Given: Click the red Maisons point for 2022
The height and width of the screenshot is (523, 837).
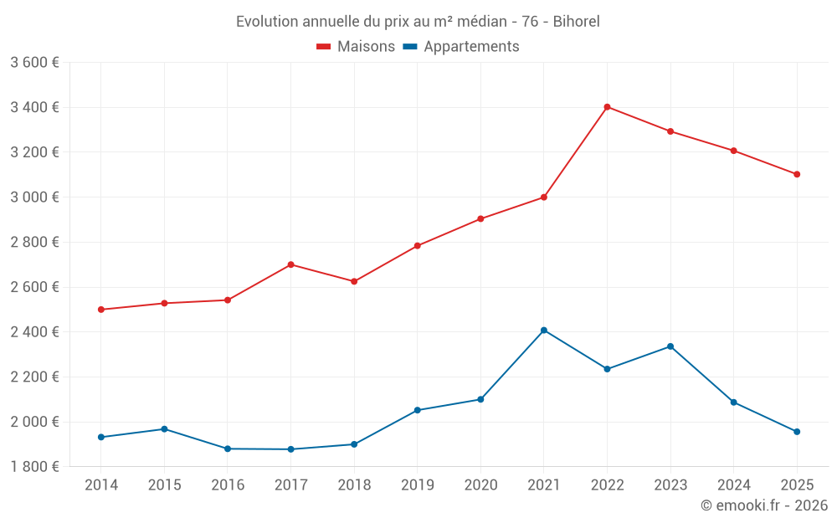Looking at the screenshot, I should [607, 107].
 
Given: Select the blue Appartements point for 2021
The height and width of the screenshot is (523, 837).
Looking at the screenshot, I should [544, 331].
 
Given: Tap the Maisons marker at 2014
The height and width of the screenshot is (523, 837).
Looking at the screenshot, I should [101, 310].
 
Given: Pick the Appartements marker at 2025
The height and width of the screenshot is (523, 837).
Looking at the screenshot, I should [797, 432].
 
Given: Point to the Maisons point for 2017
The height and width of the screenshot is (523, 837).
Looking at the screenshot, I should [290, 264].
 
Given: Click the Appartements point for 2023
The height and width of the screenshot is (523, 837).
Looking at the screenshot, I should [670, 346].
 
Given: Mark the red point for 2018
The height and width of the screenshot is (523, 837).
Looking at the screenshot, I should [354, 281].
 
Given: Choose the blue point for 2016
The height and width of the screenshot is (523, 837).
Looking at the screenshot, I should [228, 449].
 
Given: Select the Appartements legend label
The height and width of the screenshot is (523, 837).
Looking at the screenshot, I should [471, 47].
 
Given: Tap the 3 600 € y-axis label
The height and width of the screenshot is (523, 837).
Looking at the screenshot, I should [34, 63].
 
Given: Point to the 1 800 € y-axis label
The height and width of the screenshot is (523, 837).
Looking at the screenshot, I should [34, 467].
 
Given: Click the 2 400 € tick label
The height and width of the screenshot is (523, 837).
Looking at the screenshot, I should [34, 332].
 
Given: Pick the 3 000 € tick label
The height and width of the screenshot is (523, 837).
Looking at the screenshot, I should [34, 197].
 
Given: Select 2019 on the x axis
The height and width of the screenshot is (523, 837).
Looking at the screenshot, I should [417, 485].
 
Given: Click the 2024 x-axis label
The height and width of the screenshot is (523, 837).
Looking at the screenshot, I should [733, 485].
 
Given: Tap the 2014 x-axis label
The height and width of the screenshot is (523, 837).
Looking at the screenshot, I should [101, 485].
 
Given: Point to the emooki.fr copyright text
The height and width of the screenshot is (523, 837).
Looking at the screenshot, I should [764, 505].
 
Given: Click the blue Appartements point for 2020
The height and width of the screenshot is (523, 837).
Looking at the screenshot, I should [480, 399].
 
